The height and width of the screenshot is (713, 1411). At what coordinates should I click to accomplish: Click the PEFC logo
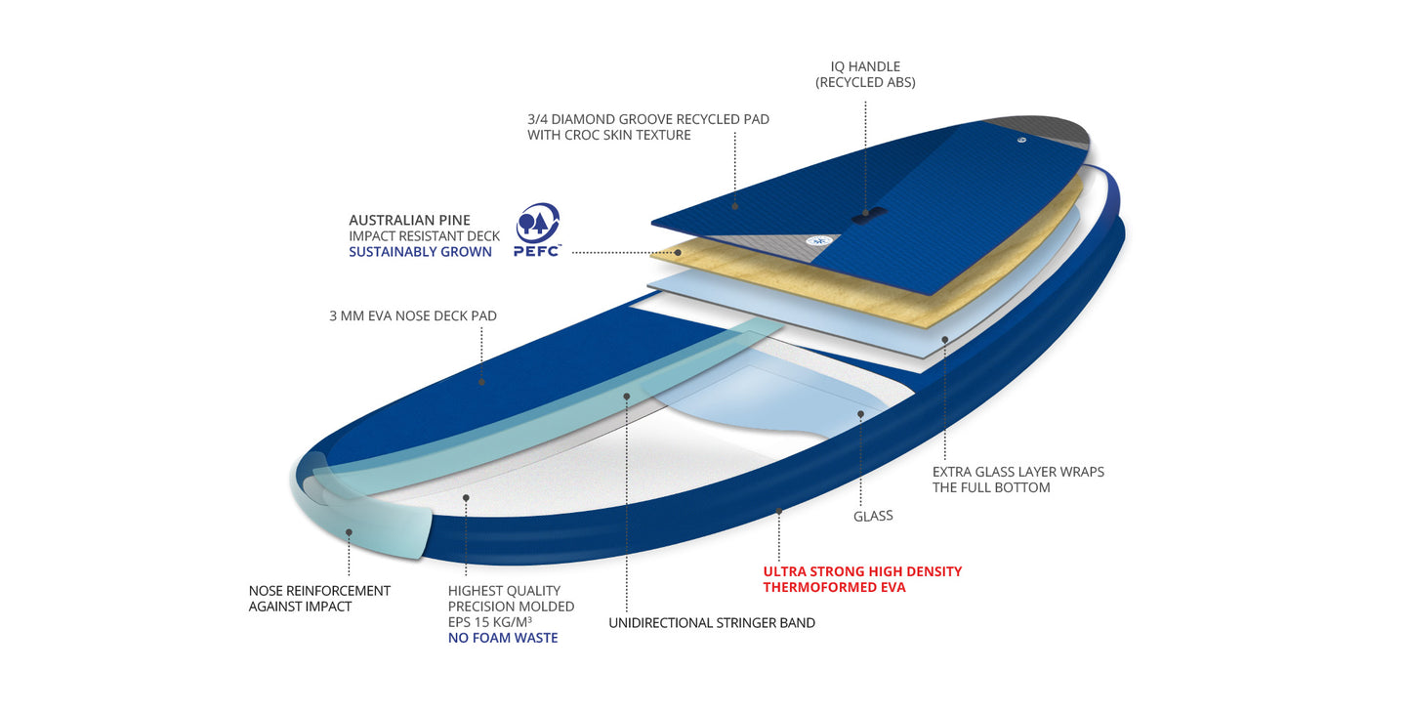(x=537, y=230)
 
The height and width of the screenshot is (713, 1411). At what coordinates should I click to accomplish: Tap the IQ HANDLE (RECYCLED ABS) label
(x=865, y=74)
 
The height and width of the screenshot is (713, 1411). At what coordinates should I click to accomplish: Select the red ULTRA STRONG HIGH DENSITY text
(x=862, y=571)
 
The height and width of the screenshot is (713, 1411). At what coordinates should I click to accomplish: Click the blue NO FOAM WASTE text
(x=503, y=638)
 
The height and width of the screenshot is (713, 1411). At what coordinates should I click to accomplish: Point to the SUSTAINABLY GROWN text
(x=420, y=252)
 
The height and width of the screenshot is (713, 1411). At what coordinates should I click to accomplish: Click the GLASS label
(x=873, y=516)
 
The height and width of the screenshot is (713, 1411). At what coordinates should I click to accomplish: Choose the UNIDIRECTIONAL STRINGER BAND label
(x=712, y=623)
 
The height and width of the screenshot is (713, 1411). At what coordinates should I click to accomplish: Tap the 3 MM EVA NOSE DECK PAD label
(x=413, y=315)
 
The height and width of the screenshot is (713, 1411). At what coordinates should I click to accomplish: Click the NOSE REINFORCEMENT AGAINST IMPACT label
(x=319, y=599)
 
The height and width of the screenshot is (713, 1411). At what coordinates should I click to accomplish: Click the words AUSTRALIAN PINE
(x=409, y=220)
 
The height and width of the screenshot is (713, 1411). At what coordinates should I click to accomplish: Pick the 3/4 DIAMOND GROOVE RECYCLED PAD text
(x=648, y=119)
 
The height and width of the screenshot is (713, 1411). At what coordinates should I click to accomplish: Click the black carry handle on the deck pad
(x=869, y=214)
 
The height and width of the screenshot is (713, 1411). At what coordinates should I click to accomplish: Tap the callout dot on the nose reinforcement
(x=349, y=532)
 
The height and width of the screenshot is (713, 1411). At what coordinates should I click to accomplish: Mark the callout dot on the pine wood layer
(x=678, y=252)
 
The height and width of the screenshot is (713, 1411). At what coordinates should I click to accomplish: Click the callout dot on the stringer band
(x=627, y=397)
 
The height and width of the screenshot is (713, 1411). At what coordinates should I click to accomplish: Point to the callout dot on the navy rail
(x=779, y=511)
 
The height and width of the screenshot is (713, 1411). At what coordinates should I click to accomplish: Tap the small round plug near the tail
(x=1021, y=140)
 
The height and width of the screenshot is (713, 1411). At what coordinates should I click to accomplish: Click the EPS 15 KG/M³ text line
(x=490, y=622)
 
